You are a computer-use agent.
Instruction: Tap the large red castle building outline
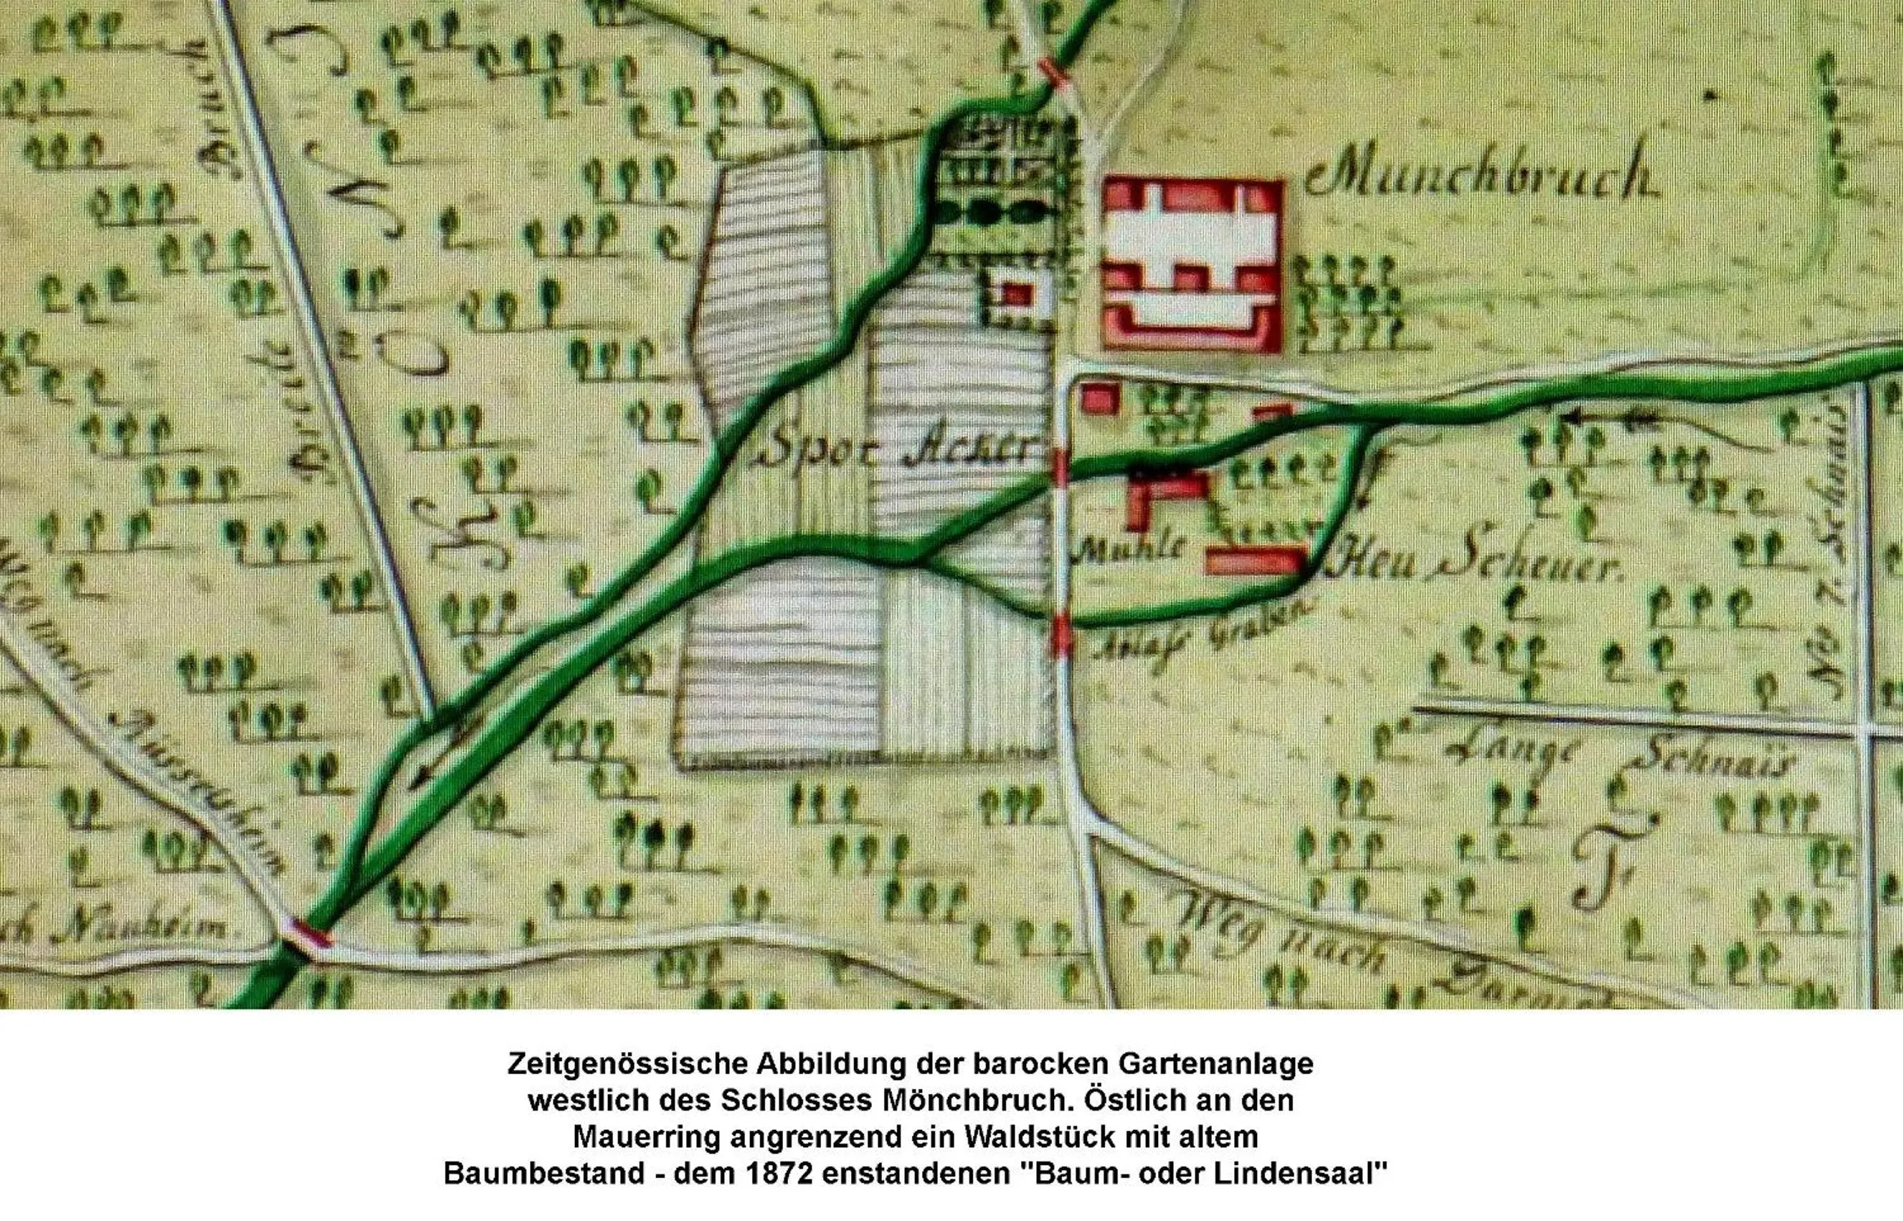[1192, 264]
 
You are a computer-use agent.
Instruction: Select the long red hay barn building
[1254, 560]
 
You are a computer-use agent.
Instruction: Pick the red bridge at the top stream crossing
[1051, 70]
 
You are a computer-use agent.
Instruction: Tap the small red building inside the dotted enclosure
[1016, 295]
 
